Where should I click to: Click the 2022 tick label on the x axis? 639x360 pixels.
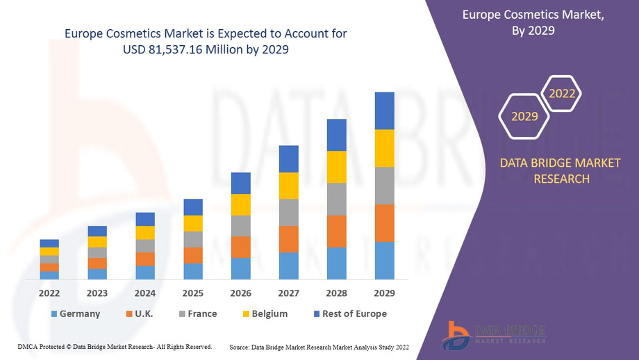coord(49,293)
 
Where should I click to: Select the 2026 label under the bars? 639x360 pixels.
coord(241,293)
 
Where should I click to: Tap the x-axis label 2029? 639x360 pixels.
coord(384,293)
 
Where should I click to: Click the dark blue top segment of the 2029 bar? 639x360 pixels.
coord(384,111)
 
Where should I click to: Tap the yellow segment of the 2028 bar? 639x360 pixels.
coord(337,167)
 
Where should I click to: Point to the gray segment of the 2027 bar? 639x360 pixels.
coord(289,212)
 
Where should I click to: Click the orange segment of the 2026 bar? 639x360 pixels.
coord(241,247)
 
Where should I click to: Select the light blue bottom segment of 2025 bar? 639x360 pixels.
coord(193,271)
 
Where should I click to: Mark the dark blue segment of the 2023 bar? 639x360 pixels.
coord(97,231)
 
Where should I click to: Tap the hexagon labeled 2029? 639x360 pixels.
coord(524,116)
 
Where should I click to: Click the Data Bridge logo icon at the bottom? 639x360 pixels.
coord(456,334)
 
